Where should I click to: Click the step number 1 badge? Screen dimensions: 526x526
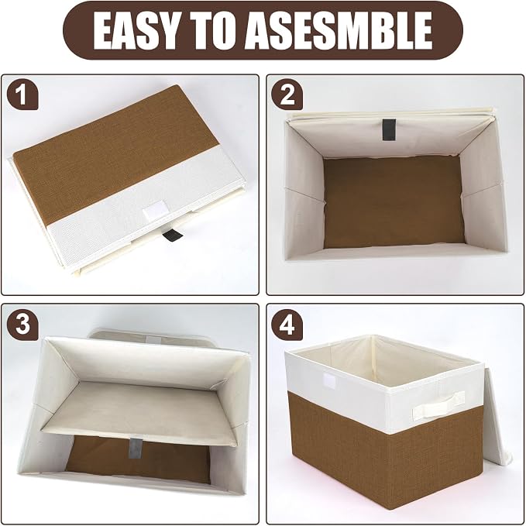[x=22, y=95]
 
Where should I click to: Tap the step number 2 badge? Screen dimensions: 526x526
[x=287, y=95]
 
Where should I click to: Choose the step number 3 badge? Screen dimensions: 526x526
[x=22, y=325]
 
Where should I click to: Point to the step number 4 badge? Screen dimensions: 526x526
[x=287, y=325]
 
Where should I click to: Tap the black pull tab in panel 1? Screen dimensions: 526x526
[x=172, y=234]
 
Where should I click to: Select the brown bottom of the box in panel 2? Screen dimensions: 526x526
[x=394, y=201]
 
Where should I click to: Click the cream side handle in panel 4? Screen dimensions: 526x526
[x=438, y=404]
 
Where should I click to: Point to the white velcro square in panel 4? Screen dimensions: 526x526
[x=329, y=380]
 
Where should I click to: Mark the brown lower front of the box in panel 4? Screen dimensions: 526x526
[x=386, y=449]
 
